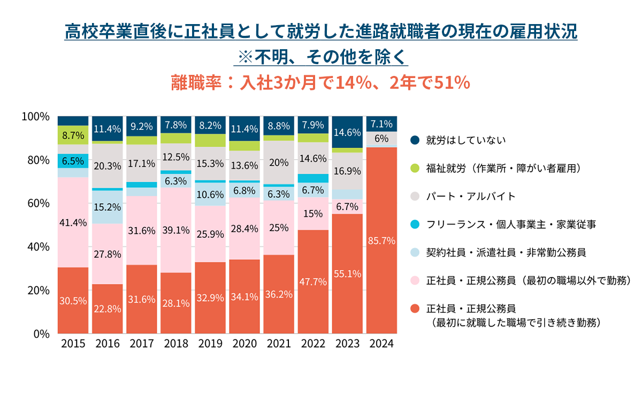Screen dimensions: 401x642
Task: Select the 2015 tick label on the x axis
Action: [73, 344]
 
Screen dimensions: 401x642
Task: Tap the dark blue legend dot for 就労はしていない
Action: [414, 140]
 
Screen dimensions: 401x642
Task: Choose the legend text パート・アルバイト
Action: [471, 196]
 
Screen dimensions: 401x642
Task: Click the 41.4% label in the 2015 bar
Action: [73, 222]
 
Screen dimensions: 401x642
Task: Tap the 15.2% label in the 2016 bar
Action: [107, 206]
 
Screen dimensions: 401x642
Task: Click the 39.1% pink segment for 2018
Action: [175, 230]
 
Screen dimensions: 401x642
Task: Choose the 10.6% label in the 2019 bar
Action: [210, 194]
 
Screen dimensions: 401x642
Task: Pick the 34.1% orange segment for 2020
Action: [244, 297]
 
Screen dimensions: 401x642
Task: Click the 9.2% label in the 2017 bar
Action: [141, 126]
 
